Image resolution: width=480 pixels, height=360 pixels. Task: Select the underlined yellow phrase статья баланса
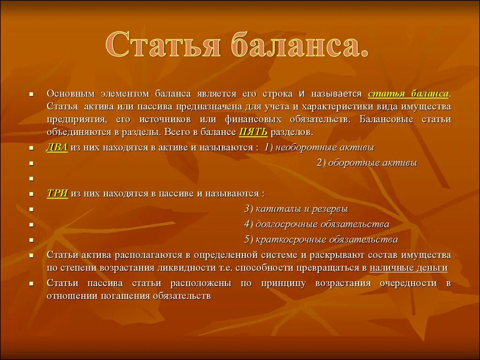(408, 93)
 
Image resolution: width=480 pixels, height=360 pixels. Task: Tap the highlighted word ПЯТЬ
(254, 132)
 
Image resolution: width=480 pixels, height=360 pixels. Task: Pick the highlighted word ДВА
(57, 147)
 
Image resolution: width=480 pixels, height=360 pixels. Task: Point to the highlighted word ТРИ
(57, 193)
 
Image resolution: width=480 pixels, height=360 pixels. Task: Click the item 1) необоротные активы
(319, 147)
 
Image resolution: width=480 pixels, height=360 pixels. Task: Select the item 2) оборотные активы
(367, 163)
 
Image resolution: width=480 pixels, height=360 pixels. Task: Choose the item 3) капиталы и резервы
(296, 209)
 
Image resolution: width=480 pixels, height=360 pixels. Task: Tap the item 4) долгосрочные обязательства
(316, 224)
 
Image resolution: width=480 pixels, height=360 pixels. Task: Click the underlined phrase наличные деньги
(408, 268)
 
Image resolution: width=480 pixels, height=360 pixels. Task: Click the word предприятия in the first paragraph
(76, 119)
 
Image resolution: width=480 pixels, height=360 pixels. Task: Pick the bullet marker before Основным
(31, 94)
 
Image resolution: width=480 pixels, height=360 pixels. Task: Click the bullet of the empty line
(31, 179)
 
